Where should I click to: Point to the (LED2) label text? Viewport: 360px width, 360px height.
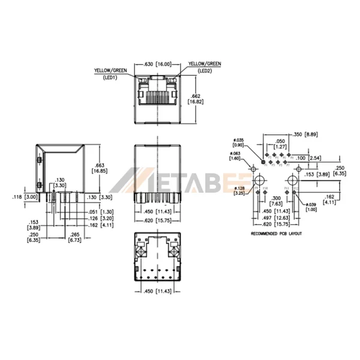[x=205, y=70]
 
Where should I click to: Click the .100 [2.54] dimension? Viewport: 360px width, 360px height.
[x=311, y=157]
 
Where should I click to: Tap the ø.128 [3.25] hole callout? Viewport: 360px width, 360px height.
[x=239, y=191]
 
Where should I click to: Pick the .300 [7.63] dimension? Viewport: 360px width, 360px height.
[x=276, y=200]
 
